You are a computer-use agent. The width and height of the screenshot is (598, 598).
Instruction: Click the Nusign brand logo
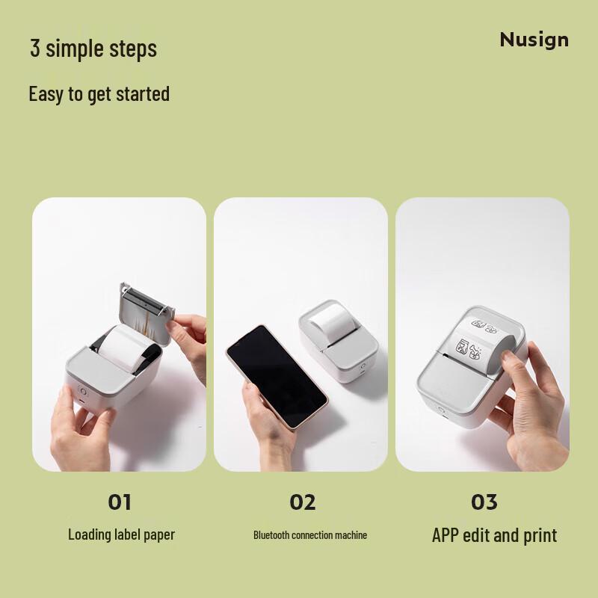[534, 40]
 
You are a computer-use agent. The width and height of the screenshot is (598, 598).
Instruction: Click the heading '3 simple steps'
[93, 49]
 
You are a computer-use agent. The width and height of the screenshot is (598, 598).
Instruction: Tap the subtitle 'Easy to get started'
[99, 94]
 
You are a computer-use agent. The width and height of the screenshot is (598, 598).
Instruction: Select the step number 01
[120, 502]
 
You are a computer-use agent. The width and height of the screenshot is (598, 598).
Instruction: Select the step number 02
[303, 502]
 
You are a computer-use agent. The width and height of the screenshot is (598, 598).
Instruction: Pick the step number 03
[484, 502]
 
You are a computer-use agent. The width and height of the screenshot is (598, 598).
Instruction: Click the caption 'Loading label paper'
[121, 534]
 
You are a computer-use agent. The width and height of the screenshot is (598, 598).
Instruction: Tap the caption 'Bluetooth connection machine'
[310, 535]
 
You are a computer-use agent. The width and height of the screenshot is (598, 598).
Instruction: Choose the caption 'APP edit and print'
[494, 535]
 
